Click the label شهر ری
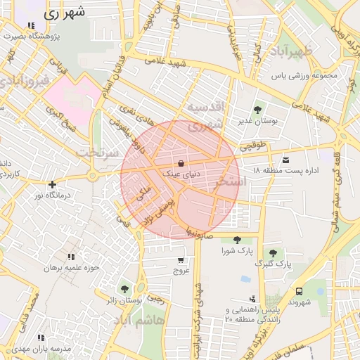coord(67,13)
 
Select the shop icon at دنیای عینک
coord(182,163)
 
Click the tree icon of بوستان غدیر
coord(259,109)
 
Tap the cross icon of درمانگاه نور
coord(52,184)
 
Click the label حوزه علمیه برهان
coord(68,268)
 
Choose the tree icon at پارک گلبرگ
coord(273,252)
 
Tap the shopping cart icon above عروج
coord(181,259)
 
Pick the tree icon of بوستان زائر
coord(124,289)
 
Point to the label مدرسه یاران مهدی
coord(45,349)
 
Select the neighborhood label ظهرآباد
coord(309,52)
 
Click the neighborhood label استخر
coord(232,181)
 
